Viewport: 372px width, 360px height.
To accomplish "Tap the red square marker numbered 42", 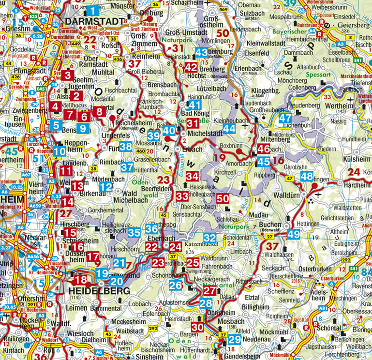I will [191, 68].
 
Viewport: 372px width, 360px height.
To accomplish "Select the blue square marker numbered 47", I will [285, 118].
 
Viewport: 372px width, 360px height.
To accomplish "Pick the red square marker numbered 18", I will [81, 280].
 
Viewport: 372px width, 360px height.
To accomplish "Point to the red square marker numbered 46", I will [264, 149].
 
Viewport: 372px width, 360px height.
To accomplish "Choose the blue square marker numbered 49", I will [293, 235].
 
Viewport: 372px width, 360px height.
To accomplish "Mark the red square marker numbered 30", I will [197, 327].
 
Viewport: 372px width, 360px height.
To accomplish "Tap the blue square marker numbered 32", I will [209, 238].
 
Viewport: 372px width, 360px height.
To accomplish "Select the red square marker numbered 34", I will [192, 176].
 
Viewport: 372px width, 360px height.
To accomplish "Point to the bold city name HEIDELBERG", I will [100, 291].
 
